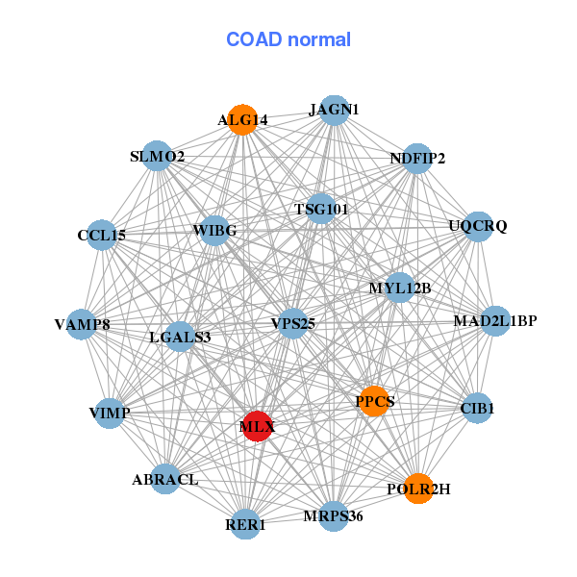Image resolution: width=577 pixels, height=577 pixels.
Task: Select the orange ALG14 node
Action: (242, 120)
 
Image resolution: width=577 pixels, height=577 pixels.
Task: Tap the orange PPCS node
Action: (374, 400)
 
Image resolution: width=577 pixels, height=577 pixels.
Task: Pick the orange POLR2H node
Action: (417, 489)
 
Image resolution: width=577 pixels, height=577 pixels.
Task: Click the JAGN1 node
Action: (334, 111)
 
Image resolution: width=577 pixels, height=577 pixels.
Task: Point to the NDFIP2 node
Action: (416, 158)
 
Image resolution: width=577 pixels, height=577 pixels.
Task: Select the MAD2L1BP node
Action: (494, 320)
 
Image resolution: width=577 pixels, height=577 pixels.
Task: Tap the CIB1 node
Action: (477, 409)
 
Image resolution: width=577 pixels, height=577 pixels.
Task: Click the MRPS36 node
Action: (334, 516)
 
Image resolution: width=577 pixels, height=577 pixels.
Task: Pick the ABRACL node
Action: (165, 479)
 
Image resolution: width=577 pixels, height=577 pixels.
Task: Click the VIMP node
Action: (109, 413)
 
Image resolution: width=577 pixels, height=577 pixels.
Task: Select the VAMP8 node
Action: (83, 325)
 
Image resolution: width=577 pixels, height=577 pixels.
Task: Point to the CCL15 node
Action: (102, 235)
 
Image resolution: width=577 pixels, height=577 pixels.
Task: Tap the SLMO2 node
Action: (157, 156)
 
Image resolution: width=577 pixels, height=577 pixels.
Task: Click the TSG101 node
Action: (320, 209)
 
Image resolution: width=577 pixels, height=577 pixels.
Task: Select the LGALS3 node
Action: (180, 337)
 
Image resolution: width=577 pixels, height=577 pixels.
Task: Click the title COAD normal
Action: (288, 39)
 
